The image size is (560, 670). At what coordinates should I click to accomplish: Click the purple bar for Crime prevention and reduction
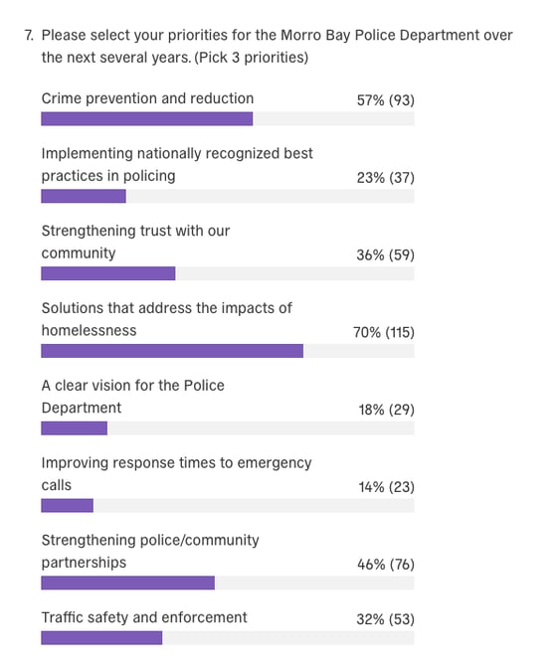[146, 119]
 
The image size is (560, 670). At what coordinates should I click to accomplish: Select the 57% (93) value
[385, 99]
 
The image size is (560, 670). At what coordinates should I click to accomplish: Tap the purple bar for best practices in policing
[84, 196]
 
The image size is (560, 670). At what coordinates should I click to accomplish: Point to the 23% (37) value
[385, 177]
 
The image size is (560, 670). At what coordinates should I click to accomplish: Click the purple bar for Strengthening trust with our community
[107, 273]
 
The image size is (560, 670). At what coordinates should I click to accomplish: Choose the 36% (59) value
[385, 254]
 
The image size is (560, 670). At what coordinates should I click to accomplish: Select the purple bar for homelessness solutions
[171, 351]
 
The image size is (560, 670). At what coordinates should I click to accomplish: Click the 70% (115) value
[383, 332]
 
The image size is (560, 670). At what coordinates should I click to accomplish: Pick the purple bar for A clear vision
[74, 428]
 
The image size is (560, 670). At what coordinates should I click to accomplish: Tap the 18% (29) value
[385, 410]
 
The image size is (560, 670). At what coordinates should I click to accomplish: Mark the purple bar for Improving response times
[67, 505]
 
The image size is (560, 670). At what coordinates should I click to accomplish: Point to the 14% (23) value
[386, 487]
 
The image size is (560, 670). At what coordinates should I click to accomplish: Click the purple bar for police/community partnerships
[127, 583]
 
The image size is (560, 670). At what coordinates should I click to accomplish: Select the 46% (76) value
[385, 565]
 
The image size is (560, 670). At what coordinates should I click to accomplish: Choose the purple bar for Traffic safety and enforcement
[101, 637]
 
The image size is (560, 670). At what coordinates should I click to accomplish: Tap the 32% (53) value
[385, 619]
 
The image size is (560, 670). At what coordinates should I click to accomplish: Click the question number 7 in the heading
[29, 35]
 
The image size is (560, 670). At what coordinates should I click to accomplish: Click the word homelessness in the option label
[89, 330]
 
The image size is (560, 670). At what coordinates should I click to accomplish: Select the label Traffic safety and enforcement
[144, 617]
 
